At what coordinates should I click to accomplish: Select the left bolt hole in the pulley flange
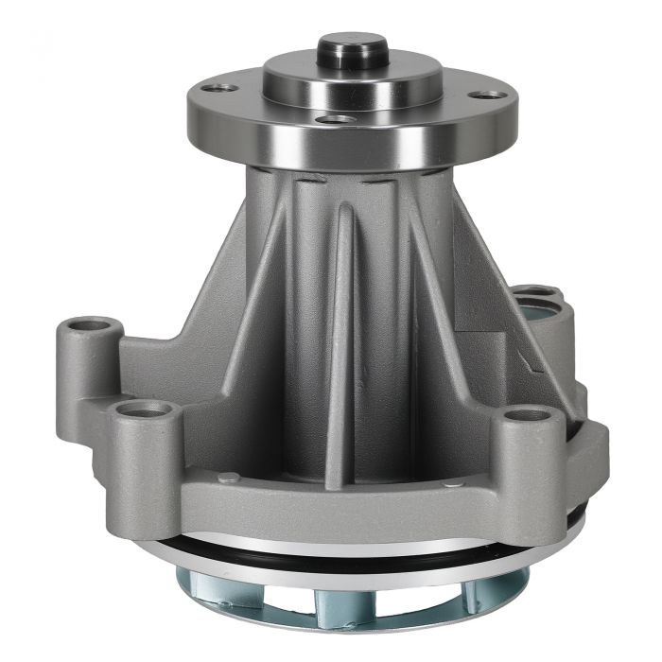point(224,88)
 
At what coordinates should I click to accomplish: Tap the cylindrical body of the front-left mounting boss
point(149,468)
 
